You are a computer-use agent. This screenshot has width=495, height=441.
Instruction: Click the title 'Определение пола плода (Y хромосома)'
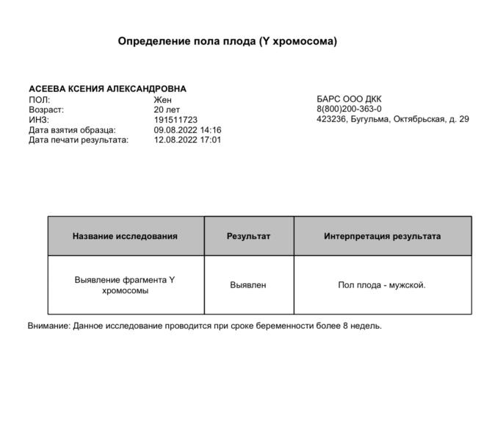pyautogui.click(x=227, y=41)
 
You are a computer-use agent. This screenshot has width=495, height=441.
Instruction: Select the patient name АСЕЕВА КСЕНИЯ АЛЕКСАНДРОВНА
pyautogui.click(x=107, y=89)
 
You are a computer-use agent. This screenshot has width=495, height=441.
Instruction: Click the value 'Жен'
pyautogui.click(x=162, y=99)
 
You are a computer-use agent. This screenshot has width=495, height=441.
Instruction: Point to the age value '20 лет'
pyautogui.click(x=167, y=110)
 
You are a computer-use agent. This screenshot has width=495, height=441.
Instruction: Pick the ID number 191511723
pyautogui.click(x=176, y=119)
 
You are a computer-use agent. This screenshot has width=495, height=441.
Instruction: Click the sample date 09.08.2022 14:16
pyautogui.click(x=187, y=129)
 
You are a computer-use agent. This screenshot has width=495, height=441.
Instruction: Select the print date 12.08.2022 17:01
pyautogui.click(x=187, y=139)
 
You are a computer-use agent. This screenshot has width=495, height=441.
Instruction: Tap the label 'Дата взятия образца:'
pyautogui.click(x=72, y=129)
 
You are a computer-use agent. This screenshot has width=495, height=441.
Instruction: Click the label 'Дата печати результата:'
pyautogui.click(x=78, y=139)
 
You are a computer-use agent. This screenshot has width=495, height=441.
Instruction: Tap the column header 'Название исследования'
pyautogui.click(x=126, y=237)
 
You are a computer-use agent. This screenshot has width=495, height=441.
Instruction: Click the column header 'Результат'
pyautogui.click(x=248, y=237)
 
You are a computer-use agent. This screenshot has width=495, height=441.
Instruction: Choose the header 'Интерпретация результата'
pyautogui.click(x=382, y=237)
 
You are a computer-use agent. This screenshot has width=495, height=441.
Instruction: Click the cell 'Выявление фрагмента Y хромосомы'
pyautogui.click(x=126, y=285)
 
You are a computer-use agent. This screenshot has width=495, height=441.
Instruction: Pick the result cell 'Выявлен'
pyautogui.click(x=248, y=285)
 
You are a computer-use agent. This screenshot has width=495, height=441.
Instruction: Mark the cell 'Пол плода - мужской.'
pyautogui.click(x=382, y=285)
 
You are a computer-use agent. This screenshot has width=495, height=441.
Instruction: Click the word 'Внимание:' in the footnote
pyautogui.click(x=48, y=326)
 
